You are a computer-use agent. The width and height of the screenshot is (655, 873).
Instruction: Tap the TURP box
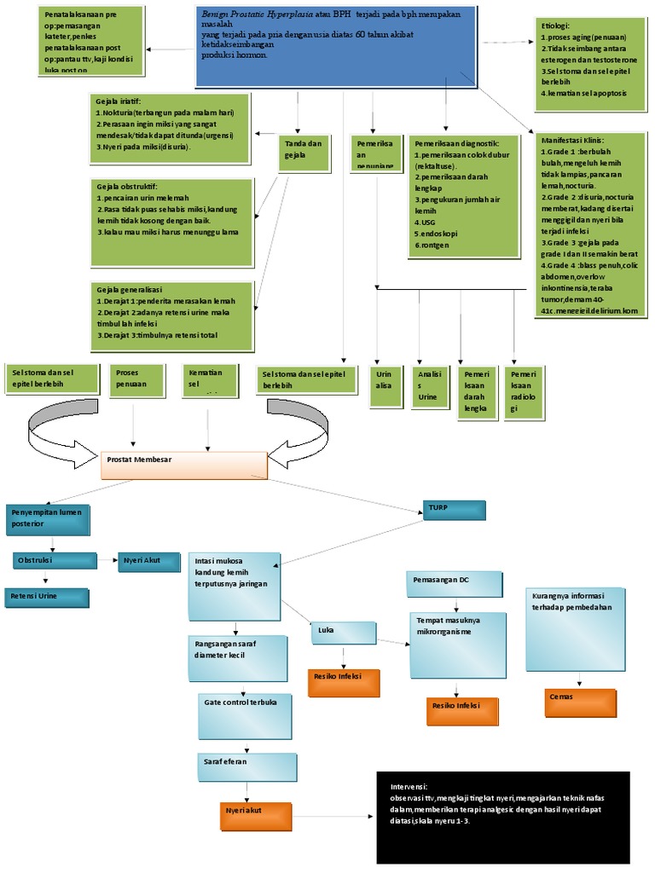[454, 509]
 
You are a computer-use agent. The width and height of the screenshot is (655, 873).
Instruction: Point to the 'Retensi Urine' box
[47, 597]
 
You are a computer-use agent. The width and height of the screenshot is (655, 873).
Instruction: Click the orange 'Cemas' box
[580, 701]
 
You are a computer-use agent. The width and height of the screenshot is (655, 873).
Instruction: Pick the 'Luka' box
[344, 633]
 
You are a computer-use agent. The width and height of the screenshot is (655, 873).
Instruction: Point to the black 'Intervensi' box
[503, 817]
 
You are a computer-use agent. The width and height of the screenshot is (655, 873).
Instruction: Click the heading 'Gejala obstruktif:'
[127, 186]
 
